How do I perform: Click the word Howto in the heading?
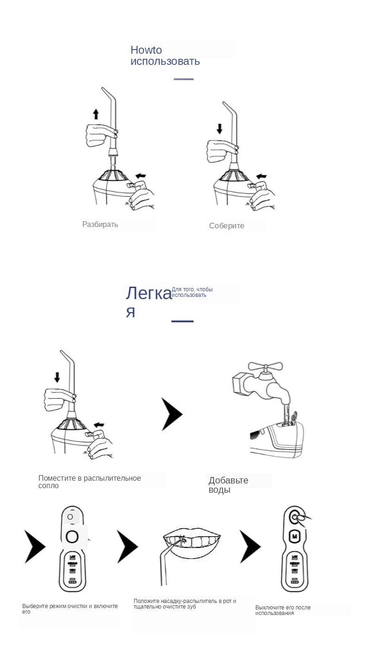146,50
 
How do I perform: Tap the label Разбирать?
100,225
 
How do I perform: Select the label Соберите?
226,226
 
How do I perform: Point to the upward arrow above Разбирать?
96,114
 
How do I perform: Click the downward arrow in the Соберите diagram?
219,128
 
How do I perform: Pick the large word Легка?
148,294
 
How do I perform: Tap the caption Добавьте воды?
228,485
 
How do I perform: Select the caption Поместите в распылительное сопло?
89,482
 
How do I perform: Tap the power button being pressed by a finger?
294,516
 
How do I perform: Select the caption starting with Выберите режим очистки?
70,609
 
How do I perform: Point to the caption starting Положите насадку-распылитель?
185,604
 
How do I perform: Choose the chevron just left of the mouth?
127,546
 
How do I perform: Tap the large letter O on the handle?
72,537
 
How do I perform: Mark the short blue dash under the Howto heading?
183,79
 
